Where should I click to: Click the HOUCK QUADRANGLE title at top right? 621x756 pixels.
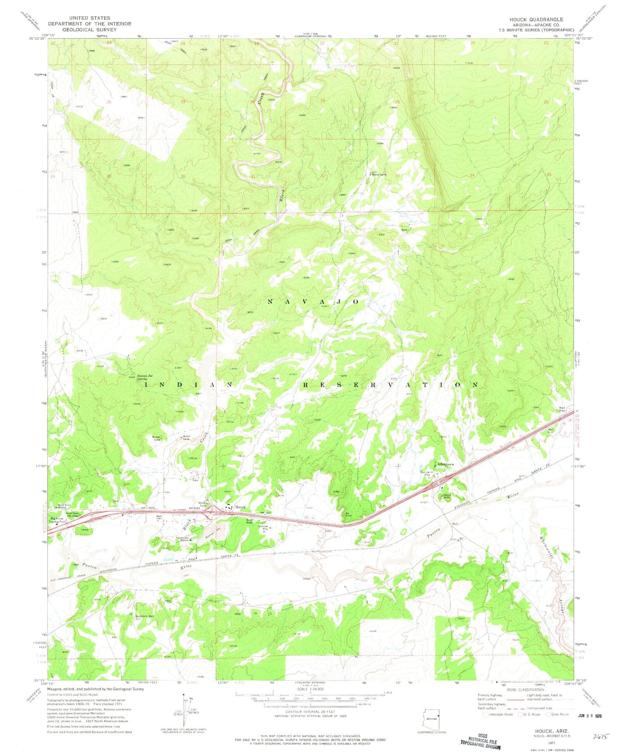click(x=536, y=19)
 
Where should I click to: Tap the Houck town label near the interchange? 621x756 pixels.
click(x=240, y=507)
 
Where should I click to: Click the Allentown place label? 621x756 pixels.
click(x=445, y=465)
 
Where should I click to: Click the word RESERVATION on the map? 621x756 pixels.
click(x=391, y=385)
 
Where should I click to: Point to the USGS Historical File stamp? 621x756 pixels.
click(x=480, y=741)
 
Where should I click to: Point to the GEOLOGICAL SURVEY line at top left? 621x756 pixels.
click(x=89, y=30)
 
